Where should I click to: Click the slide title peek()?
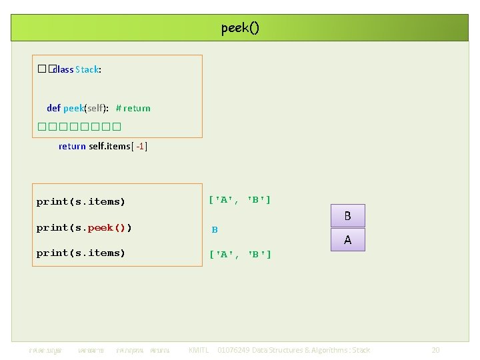(240, 28)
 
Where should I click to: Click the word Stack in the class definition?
(87, 69)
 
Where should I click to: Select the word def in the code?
(53, 108)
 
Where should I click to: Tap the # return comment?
(133, 108)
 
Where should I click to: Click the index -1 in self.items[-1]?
(141, 146)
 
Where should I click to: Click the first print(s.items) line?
(81, 201)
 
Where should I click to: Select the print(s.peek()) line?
(84, 227)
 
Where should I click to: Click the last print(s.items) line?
(81, 253)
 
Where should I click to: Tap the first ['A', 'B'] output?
(239, 199)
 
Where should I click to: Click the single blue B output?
(215, 230)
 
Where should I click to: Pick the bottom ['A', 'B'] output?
(240, 254)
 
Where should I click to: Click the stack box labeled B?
(347, 216)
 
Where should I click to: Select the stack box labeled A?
(347, 240)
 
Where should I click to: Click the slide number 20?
(435, 350)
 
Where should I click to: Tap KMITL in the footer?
(199, 350)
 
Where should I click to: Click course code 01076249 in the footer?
(236, 350)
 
